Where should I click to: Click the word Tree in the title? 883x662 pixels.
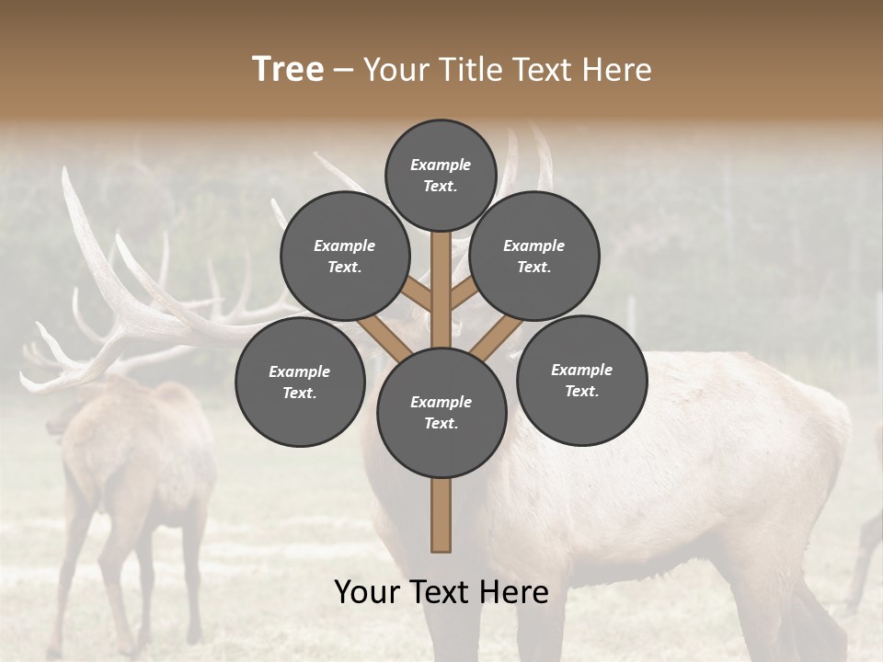(288, 69)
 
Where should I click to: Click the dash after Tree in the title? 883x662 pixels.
(343, 70)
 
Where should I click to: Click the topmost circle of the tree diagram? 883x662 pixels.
(441, 176)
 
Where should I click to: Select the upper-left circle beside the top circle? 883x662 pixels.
(344, 257)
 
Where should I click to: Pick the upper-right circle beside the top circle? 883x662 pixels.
(534, 257)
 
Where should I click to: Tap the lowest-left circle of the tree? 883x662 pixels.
(300, 382)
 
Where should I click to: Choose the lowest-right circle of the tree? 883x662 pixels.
(582, 381)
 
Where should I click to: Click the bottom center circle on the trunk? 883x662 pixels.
(441, 413)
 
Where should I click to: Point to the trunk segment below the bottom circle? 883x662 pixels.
(441, 515)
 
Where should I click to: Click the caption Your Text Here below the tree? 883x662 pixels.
(441, 592)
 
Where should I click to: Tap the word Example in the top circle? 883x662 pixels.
(441, 165)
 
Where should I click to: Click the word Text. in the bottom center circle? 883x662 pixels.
(441, 424)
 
